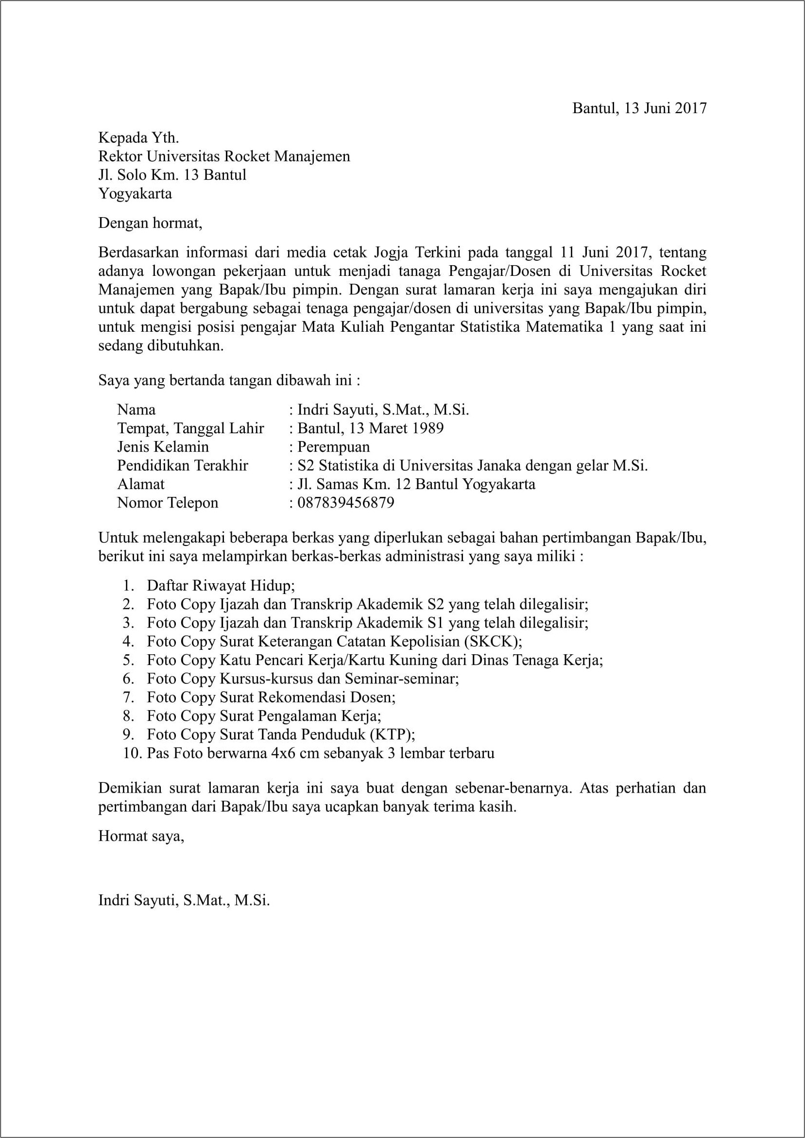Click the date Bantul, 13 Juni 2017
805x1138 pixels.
pyautogui.click(x=639, y=108)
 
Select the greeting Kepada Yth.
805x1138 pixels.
pyautogui.click(x=138, y=137)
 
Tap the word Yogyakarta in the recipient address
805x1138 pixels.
pyautogui.click(x=135, y=193)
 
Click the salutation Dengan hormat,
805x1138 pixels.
pyautogui.click(x=150, y=223)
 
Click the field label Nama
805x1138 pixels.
pyautogui.click(x=136, y=409)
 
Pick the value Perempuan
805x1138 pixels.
pyautogui.click(x=333, y=447)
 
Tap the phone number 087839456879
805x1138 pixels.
pyautogui.click(x=345, y=503)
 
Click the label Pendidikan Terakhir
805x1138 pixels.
pyautogui.click(x=182, y=465)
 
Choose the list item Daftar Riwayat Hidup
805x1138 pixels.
pyautogui.click(x=220, y=586)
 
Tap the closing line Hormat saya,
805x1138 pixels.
pyautogui.click(x=141, y=836)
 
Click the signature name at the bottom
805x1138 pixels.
pyautogui.click(x=184, y=900)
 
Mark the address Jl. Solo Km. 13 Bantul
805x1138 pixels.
pyautogui.click(x=172, y=174)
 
